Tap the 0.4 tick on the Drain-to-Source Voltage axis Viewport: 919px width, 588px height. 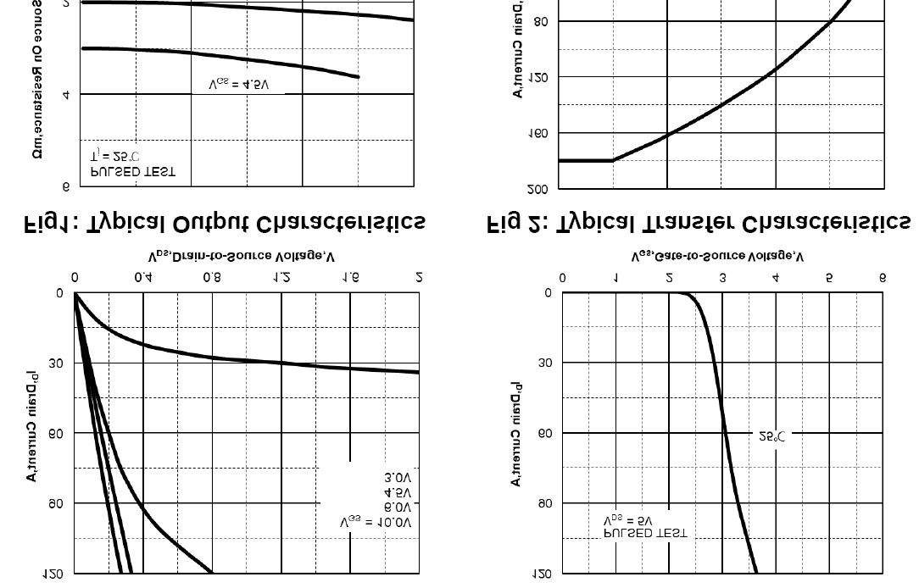coord(143,277)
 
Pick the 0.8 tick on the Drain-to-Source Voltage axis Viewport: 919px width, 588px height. coord(212,277)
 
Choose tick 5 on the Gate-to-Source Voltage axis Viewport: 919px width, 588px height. coord(829,277)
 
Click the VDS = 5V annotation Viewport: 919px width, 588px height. coord(628,519)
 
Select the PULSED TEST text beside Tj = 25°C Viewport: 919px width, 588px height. coord(133,171)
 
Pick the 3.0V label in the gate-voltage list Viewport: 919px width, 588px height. coord(398,478)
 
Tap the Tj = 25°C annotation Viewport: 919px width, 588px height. coord(114,157)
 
